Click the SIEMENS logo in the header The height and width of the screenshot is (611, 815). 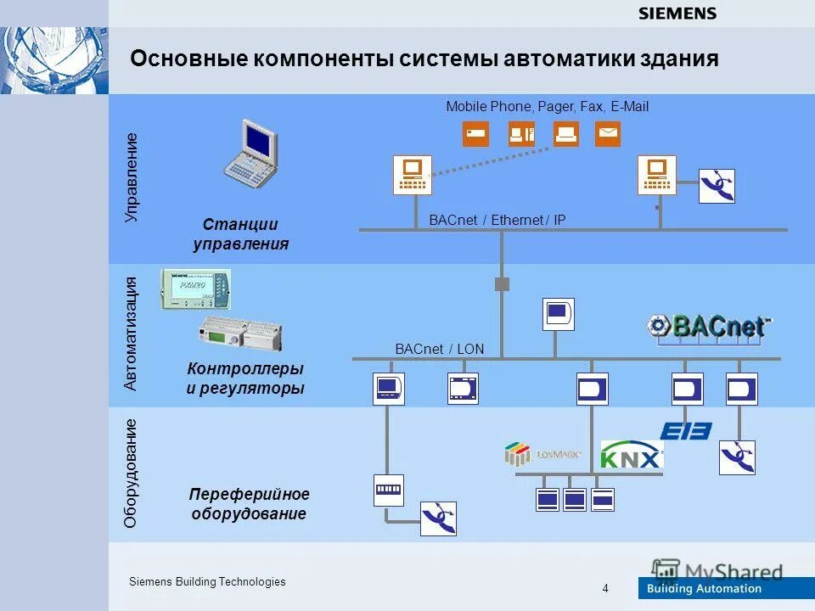(x=677, y=14)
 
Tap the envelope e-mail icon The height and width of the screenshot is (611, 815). (x=607, y=133)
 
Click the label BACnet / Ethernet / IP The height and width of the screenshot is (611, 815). (x=497, y=221)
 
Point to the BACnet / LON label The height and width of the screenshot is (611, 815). (x=439, y=349)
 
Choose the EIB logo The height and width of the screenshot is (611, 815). (x=686, y=431)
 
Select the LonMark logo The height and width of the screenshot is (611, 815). (x=542, y=454)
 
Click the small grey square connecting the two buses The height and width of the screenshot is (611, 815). (x=502, y=283)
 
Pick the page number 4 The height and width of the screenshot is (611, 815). (x=605, y=588)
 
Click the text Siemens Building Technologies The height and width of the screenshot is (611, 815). (x=207, y=581)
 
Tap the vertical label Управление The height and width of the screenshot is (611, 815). (x=131, y=178)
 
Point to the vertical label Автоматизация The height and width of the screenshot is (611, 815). (x=131, y=334)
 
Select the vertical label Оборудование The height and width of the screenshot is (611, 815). (x=131, y=474)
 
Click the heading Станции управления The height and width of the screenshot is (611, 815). (x=241, y=234)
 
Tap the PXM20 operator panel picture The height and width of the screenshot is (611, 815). (x=196, y=289)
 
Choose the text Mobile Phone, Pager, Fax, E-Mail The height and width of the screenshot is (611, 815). (x=547, y=107)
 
